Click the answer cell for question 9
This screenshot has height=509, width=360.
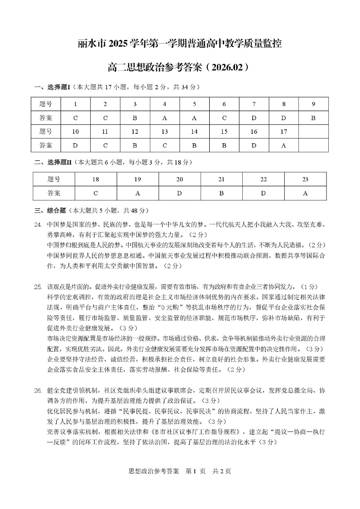(313, 118)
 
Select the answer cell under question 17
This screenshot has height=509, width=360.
(283, 145)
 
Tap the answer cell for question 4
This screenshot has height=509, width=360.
(164, 118)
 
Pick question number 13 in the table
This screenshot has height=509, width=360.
(164, 132)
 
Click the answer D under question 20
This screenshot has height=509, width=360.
(179, 193)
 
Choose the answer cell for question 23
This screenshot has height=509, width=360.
(305, 193)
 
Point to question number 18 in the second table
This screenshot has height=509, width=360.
(96, 179)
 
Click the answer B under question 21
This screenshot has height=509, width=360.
(221, 193)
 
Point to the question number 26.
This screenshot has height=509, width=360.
(38, 390)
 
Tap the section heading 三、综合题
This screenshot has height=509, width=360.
(50, 211)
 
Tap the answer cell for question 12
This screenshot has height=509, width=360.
(134, 145)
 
